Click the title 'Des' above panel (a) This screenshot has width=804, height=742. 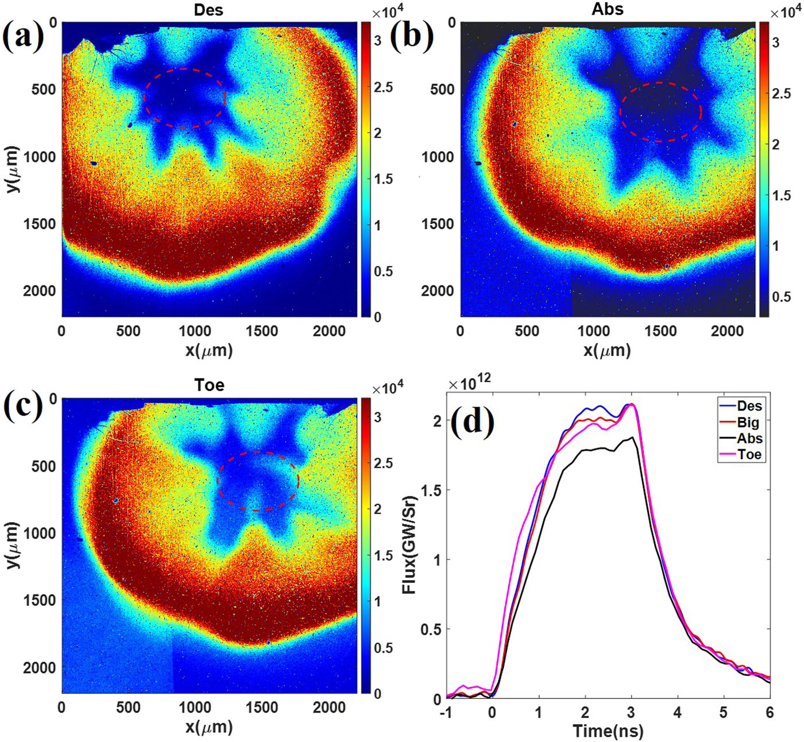pyautogui.click(x=208, y=10)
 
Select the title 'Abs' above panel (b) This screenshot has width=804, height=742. pyautogui.click(x=607, y=9)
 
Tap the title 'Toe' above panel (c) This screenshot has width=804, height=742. pyautogui.click(x=208, y=385)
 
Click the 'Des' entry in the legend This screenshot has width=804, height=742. pyautogui.click(x=749, y=406)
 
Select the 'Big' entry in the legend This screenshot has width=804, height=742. pyautogui.click(x=748, y=422)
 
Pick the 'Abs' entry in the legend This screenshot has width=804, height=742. pyautogui.click(x=749, y=438)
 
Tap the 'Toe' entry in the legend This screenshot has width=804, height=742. pyautogui.click(x=749, y=454)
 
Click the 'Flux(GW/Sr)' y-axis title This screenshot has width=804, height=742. pyautogui.click(x=409, y=543)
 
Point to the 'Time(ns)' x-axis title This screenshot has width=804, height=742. pyautogui.click(x=608, y=731)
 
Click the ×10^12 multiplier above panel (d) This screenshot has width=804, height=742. pyautogui.click(x=470, y=384)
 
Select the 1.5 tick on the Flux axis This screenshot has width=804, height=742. pyautogui.click(x=431, y=490)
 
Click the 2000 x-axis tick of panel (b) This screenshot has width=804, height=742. pyautogui.click(x=726, y=331)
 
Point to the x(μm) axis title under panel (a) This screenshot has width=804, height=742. pyautogui.click(x=209, y=350)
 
